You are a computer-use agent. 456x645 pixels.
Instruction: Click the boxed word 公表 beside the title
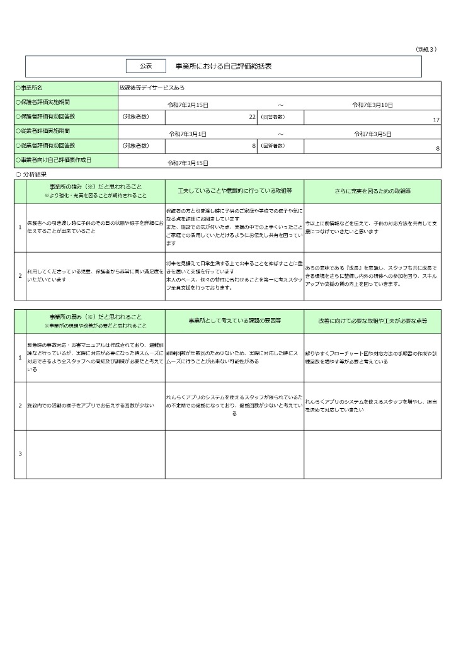click(x=145, y=66)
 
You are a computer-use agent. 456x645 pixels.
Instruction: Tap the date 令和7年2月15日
click(x=188, y=105)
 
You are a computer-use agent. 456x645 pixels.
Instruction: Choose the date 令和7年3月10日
click(x=372, y=105)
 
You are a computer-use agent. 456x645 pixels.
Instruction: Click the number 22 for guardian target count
click(x=252, y=117)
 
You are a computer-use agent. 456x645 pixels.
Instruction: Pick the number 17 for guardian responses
click(x=436, y=119)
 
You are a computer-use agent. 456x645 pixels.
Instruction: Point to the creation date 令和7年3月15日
click(x=188, y=163)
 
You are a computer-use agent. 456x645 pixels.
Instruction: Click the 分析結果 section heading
click(x=35, y=174)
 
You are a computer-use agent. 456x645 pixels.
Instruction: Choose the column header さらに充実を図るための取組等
click(x=373, y=190)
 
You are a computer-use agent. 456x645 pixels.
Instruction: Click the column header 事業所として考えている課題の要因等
click(x=234, y=321)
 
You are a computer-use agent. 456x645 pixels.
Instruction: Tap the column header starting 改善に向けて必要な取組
click(x=373, y=321)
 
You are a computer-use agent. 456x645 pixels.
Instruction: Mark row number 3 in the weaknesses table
click(x=20, y=454)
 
